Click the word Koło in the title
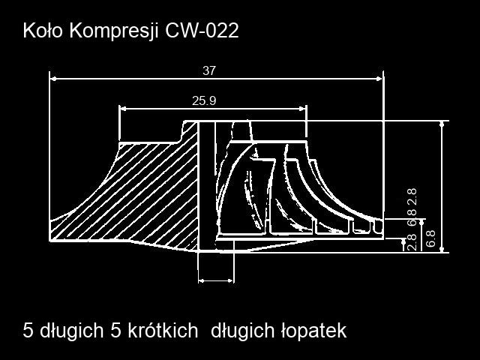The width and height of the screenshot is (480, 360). pyautogui.click(x=43, y=31)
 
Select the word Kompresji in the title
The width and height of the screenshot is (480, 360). pyautogui.click(x=114, y=31)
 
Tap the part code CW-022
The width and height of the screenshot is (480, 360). pyautogui.click(x=202, y=31)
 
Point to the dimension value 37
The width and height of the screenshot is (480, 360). pyautogui.click(x=209, y=70)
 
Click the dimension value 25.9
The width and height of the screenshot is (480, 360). pyautogui.click(x=204, y=100)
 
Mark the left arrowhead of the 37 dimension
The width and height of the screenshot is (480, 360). pyautogui.click(x=53, y=79)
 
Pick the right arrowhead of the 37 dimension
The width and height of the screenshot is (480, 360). pyautogui.click(x=379, y=79)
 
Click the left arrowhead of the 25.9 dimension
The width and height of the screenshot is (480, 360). pyautogui.click(x=123, y=108)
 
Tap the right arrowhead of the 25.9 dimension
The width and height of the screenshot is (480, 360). pyautogui.click(x=303, y=108)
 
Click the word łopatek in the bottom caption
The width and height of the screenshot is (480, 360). pyautogui.click(x=313, y=331)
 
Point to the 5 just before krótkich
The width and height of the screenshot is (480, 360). pyautogui.click(x=115, y=331)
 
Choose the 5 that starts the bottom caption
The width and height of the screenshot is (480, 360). pyautogui.click(x=28, y=331)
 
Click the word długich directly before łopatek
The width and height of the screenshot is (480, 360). pyautogui.click(x=242, y=331)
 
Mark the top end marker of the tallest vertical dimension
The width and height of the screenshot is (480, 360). pyautogui.click(x=442, y=124)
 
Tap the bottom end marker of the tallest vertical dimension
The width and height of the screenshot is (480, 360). pyautogui.click(x=442, y=250)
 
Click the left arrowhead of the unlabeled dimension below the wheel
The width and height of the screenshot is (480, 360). pyautogui.click(x=201, y=280)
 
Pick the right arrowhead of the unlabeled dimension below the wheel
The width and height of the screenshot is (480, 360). pyautogui.click(x=230, y=280)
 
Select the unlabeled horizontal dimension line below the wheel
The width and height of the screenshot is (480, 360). pyautogui.click(x=216, y=280)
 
